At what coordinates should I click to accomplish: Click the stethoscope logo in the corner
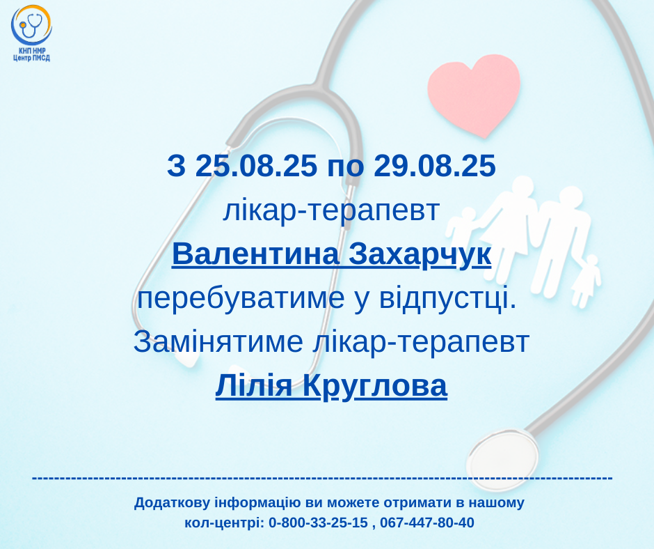(31, 26)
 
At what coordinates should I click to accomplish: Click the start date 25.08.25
(256, 165)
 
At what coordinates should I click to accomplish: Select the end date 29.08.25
(435, 165)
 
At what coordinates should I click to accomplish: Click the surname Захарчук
(420, 254)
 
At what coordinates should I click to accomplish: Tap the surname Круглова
(374, 386)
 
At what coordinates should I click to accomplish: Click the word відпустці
(448, 298)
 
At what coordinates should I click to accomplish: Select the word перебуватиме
(241, 298)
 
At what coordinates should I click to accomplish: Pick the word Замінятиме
(218, 342)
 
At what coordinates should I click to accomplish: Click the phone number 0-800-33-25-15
(318, 523)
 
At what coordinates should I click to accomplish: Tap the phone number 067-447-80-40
(427, 523)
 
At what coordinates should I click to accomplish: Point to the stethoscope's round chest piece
(502, 458)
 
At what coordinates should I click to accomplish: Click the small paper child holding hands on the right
(586, 281)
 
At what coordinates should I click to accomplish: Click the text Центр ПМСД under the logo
(31, 58)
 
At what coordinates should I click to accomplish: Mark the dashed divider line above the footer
(322, 477)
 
